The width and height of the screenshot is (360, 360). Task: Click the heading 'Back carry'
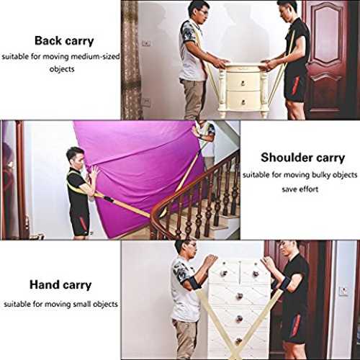[64, 41]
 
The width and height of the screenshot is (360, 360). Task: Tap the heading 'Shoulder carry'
[302, 158]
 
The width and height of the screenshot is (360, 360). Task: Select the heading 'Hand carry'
[60, 285]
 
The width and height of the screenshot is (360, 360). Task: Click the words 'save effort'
[300, 189]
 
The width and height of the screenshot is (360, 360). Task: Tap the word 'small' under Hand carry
[82, 304]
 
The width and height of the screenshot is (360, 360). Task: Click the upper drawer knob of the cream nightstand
[243, 84]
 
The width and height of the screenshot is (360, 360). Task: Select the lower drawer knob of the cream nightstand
[243, 102]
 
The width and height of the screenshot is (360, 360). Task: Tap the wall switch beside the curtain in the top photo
[146, 43]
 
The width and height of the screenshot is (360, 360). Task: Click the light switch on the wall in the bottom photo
[343, 292]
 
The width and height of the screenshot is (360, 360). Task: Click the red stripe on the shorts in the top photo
[296, 85]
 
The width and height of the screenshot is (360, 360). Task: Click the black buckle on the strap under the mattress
[108, 199]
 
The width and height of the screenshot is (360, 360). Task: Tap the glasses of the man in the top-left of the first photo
[204, 12]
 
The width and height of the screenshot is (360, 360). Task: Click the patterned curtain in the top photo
[131, 60]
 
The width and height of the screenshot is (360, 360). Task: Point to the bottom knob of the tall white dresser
[238, 341]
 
